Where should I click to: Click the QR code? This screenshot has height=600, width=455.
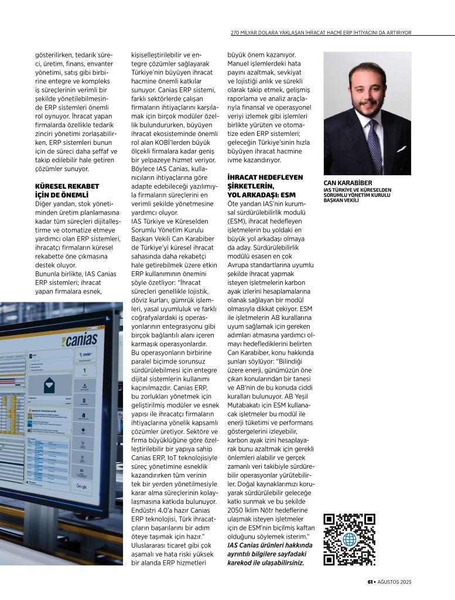[349, 539]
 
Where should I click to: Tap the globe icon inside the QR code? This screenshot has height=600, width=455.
[350, 540]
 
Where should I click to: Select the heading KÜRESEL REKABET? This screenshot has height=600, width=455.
[67, 186]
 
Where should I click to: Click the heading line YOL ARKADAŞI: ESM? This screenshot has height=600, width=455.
[261, 194]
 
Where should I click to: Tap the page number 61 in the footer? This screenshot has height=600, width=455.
[370, 582]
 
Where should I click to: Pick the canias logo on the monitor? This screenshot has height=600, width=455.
[82, 340]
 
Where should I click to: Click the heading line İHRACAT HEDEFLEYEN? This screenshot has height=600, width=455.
[265, 176]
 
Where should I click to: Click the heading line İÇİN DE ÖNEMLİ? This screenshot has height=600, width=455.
[62, 195]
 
